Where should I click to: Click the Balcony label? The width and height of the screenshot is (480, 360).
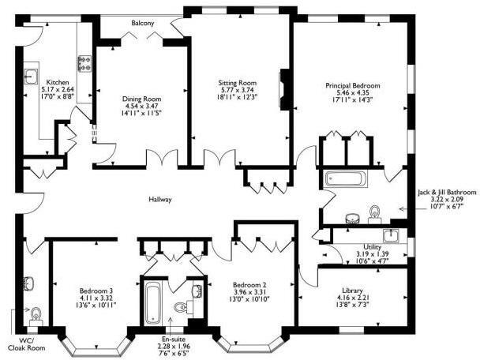143,24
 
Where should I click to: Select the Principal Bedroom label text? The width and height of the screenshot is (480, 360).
353,85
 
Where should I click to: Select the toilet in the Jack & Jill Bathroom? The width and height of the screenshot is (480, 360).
375,211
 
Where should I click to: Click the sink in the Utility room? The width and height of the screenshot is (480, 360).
390,236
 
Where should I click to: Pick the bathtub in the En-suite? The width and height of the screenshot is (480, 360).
152,302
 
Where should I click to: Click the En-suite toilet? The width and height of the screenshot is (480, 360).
180,307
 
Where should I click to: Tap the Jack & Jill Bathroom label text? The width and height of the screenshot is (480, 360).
447,192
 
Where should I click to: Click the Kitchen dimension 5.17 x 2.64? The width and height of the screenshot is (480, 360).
57,91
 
